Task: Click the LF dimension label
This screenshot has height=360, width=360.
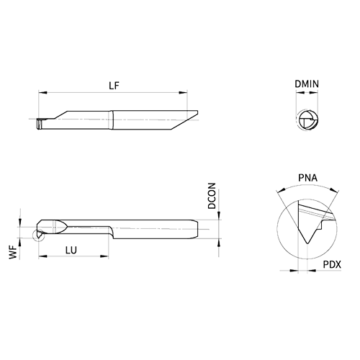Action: [x=114, y=86]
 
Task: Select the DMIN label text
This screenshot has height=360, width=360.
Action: [x=307, y=84]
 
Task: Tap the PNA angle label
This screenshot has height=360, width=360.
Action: [x=307, y=178]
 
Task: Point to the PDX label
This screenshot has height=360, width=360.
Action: [x=332, y=264]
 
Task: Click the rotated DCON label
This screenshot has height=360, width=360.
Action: [x=212, y=196]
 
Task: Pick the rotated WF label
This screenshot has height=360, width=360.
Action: [x=14, y=252]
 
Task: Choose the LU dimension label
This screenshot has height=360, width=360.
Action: [x=71, y=251]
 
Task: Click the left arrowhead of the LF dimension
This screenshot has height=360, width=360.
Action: [x=42, y=92]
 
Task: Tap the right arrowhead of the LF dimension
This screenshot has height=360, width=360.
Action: [x=183, y=92]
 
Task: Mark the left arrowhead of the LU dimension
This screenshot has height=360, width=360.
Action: [x=42, y=256]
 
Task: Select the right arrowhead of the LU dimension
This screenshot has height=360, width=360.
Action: [x=104, y=256]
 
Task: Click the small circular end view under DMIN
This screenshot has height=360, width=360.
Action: [x=308, y=120]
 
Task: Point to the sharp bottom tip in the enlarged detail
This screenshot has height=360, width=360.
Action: [x=307, y=243]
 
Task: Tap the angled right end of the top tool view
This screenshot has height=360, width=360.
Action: [x=185, y=120]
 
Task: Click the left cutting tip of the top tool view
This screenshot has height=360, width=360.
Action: [x=39, y=124]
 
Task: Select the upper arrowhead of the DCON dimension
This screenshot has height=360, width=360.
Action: [x=219, y=215]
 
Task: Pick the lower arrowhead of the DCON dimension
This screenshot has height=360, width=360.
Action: [x=219, y=243]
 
